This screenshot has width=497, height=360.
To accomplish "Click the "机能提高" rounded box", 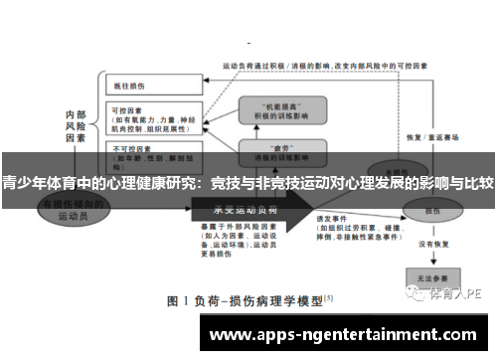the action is click(280, 107).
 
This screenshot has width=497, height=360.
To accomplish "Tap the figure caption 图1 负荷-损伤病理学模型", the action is click(248, 298).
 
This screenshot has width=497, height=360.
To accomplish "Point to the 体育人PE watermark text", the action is click(456, 293).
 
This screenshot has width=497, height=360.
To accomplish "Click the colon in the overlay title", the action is click(201, 183).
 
